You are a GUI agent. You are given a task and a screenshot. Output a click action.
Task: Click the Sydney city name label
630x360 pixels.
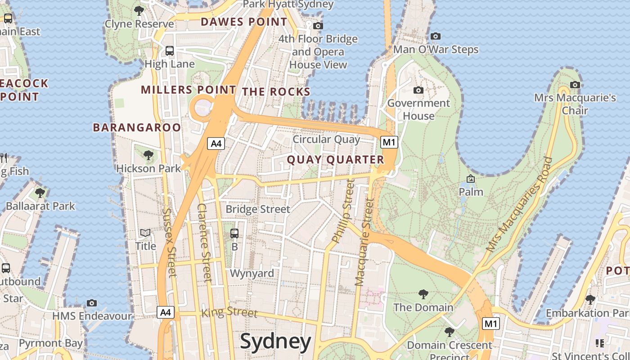[275, 342]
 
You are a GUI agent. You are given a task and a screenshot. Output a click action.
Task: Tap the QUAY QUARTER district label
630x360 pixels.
[335, 160]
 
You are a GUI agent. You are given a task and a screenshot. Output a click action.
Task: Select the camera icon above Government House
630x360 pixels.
[418, 90]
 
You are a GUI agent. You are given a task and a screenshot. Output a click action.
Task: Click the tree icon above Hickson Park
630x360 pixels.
[148, 156]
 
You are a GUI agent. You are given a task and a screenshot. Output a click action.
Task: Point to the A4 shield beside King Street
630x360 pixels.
[166, 312]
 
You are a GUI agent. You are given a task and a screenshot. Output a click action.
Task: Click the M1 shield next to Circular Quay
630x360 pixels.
[389, 143]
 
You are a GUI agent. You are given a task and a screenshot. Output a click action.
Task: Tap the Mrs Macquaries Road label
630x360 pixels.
[519, 204]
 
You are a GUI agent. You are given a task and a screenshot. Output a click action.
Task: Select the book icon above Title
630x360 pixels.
[145, 233]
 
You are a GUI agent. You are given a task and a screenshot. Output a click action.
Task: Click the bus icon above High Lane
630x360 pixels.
[169, 51]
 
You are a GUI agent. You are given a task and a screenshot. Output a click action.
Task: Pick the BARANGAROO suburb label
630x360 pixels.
[137, 127]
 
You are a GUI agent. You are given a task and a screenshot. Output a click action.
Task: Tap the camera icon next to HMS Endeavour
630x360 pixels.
[92, 303]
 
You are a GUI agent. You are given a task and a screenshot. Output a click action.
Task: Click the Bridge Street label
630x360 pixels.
[258, 209]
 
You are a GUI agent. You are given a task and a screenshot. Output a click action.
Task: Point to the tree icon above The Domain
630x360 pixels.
[423, 294]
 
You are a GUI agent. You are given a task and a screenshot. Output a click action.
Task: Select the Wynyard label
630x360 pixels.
[252, 273]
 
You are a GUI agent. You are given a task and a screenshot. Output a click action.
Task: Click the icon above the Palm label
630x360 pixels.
[471, 179]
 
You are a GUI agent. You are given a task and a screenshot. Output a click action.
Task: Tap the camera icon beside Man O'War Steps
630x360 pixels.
[435, 36]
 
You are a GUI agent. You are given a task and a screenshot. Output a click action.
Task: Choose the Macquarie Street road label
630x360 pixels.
[365, 242]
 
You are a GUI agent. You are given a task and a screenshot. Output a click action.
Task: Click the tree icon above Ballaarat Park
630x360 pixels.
[40, 193]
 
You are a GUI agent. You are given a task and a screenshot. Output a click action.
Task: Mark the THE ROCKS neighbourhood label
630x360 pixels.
[276, 92]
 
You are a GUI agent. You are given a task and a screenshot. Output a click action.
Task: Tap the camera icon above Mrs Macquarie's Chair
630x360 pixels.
[575, 85]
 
